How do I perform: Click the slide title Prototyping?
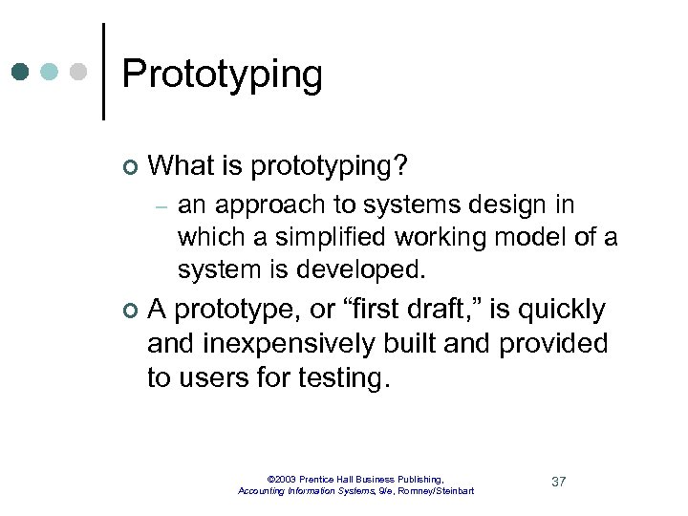pos(222,75)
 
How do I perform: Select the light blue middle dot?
pos(51,72)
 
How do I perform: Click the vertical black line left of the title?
pos(103,72)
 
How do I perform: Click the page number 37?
pos(559,481)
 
